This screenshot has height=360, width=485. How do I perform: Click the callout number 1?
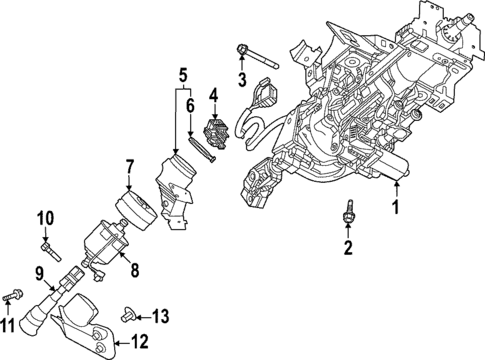(x=395, y=208)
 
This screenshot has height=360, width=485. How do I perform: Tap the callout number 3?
(x=241, y=79)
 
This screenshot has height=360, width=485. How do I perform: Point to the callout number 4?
(x=212, y=97)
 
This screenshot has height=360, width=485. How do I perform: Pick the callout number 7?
(x=129, y=164)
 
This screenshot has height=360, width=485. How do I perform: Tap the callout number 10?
(x=45, y=219)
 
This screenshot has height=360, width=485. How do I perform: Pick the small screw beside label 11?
(x=14, y=296)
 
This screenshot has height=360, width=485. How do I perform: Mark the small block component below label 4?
(x=214, y=132)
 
